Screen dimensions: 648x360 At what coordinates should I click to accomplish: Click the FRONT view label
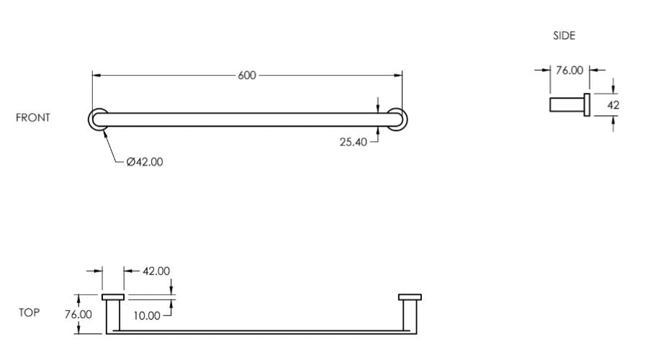coord(32,117)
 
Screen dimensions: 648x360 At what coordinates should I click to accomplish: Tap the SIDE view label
coord(564,35)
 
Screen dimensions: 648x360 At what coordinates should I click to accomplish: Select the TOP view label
coord(30,312)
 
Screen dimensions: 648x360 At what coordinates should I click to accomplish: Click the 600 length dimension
coord(247,75)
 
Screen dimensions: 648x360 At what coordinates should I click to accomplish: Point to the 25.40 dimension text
coord(354,142)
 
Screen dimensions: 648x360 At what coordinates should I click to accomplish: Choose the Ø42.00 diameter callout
coord(145,161)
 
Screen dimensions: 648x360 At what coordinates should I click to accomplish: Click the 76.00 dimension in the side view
coord(570,71)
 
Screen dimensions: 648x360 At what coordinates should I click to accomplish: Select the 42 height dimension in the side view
coord(613,105)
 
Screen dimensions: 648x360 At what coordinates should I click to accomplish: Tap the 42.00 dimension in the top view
coord(156,271)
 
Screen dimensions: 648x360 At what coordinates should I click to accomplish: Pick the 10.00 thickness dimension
coord(147,316)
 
